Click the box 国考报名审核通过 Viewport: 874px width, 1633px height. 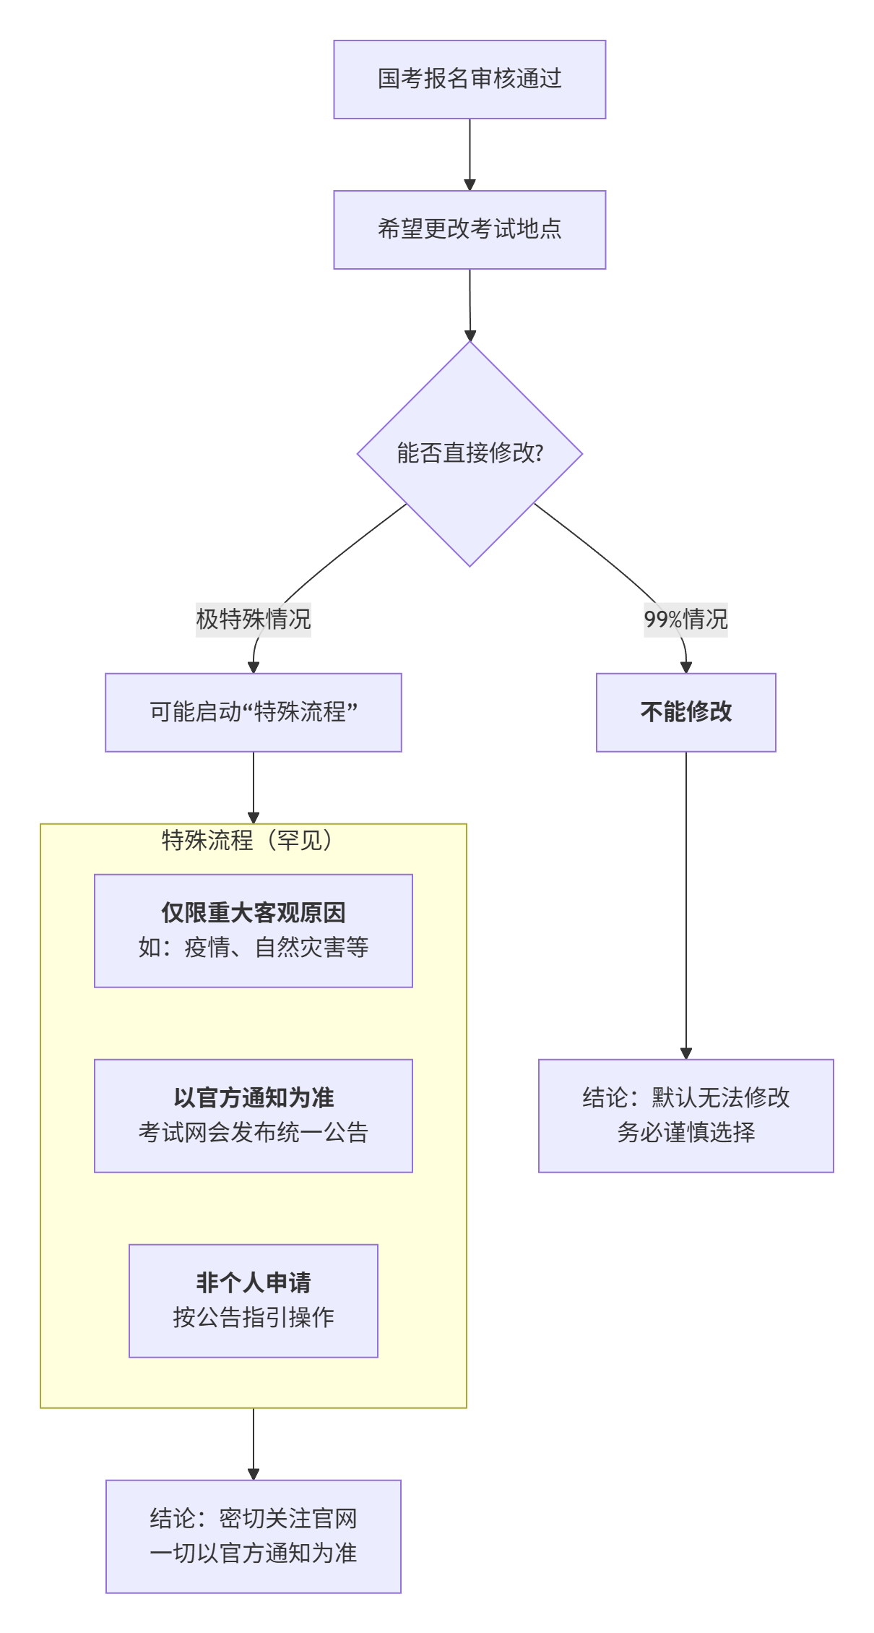click(x=470, y=80)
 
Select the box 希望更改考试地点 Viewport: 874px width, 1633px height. click(x=470, y=230)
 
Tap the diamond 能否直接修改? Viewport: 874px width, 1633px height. click(x=470, y=453)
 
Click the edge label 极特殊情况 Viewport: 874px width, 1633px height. click(x=254, y=620)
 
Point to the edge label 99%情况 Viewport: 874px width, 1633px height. click(x=685, y=620)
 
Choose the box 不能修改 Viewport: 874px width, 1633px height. click(x=685, y=712)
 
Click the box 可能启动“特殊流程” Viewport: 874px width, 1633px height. click(x=254, y=712)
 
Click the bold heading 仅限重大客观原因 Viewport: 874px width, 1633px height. click(x=254, y=913)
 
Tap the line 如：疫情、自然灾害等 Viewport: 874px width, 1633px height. click(x=254, y=947)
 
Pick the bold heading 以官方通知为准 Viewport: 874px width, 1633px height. click(x=254, y=1098)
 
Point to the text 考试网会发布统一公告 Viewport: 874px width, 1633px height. click(x=254, y=1132)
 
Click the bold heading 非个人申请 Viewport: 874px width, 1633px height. click(x=254, y=1283)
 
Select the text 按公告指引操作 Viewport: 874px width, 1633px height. click(x=254, y=1317)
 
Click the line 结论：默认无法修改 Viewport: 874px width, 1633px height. click(x=685, y=1098)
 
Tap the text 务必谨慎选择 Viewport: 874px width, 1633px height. click(x=685, y=1132)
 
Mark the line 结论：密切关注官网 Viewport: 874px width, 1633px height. click(x=254, y=1519)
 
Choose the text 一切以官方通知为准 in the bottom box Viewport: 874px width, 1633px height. click(x=254, y=1553)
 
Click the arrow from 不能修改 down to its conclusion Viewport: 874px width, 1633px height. click(x=686, y=904)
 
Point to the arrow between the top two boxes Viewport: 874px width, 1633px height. click(x=470, y=155)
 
